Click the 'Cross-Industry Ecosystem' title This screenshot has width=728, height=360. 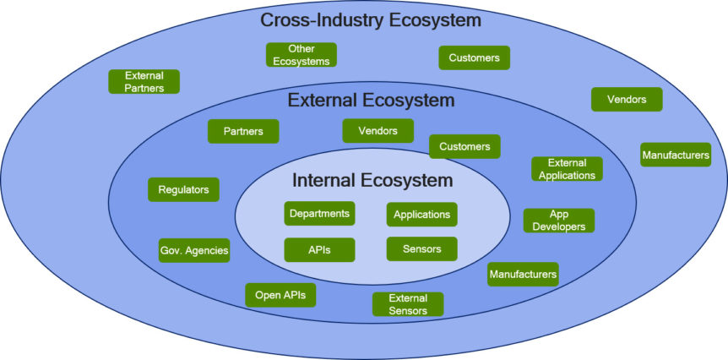pyautogui.click(x=370, y=19)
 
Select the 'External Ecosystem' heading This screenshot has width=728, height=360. pyautogui.click(x=371, y=101)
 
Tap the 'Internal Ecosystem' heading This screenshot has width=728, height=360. pyautogui.click(x=372, y=180)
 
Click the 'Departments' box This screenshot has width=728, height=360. pyautogui.click(x=319, y=214)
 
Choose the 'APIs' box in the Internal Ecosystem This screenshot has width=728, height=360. pyautogui.click(x=319, y=249)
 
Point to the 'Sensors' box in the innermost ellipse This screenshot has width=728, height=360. pyautogui.click(x=421, y=248)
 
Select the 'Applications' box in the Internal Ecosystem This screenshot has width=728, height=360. pyautogui.click(x=421, y=214)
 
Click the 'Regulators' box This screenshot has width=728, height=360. pyautogui.click(x=183, y=189)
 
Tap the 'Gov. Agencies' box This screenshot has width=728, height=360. pyautogui.click(x=194, y=250)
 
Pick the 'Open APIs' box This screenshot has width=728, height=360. pyautogui.click(x=280, y=294)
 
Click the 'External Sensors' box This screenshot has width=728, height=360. pyautogui.click(x=408, y=304)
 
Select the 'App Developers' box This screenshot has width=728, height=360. pyautogui.click(x=559, y=221)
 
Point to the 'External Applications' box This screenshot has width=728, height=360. pyautogui.click(x=567, y=169)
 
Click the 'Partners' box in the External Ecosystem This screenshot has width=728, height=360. pyautogui.click(x=243, y=131)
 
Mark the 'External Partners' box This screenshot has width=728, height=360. pyautogui.click(x=144, y=81)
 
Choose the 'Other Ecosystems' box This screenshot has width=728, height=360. pyautogui.click(x=302, y=55)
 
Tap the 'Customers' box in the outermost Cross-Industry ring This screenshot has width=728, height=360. pyautogui.click(x=474, y=57)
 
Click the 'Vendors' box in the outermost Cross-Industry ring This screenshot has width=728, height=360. pyautogui.click(x=627, y=99)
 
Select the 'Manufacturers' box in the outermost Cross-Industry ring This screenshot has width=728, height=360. pyautogui.click(x=675, y=155)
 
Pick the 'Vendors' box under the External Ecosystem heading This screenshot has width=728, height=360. pyautogui.click(x=378, y=130)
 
